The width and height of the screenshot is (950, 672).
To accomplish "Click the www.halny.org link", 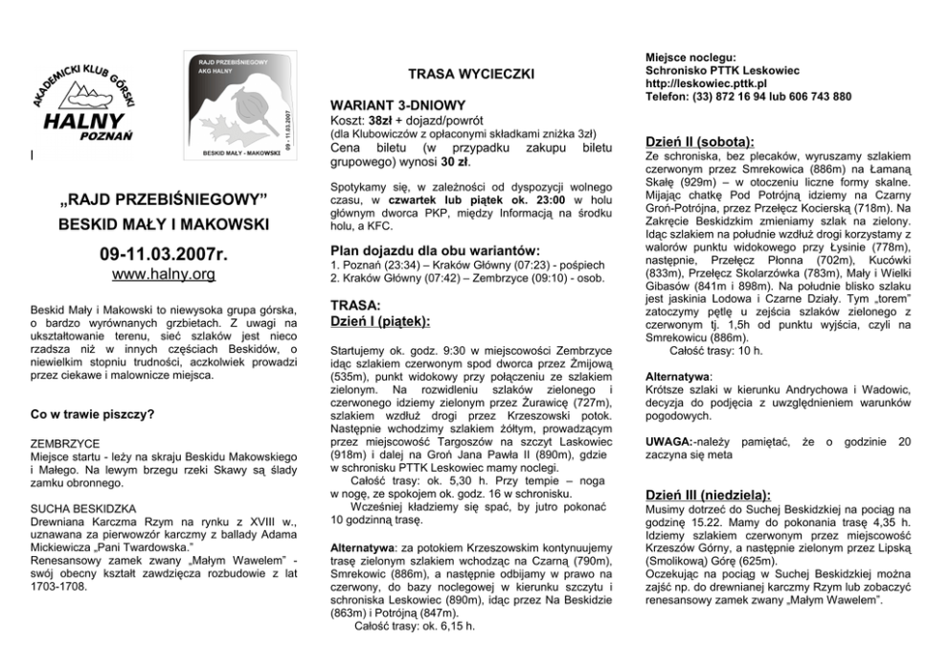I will (162, 275).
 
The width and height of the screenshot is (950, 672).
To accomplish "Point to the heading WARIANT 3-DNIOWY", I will (397, 104).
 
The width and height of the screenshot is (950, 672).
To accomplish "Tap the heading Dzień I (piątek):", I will (379, 321).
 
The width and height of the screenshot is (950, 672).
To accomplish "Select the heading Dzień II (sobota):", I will (700, 140).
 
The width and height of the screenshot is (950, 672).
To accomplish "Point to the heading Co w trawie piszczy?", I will (94, 414).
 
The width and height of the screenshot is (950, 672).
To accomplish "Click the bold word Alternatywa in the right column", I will (678, 377).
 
